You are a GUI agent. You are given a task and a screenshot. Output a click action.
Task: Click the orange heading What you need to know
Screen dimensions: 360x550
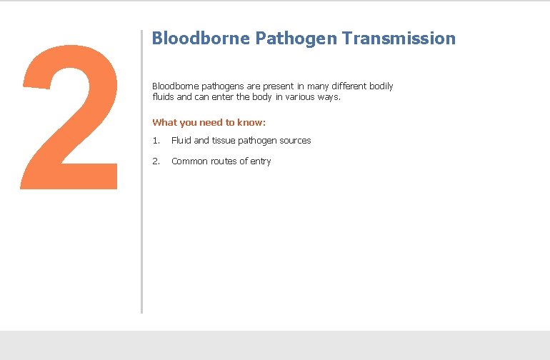[209, 122]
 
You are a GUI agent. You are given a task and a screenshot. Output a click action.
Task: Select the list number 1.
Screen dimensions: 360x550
[156, 141]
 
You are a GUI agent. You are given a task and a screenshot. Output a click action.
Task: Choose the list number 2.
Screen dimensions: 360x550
[156, 161]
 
